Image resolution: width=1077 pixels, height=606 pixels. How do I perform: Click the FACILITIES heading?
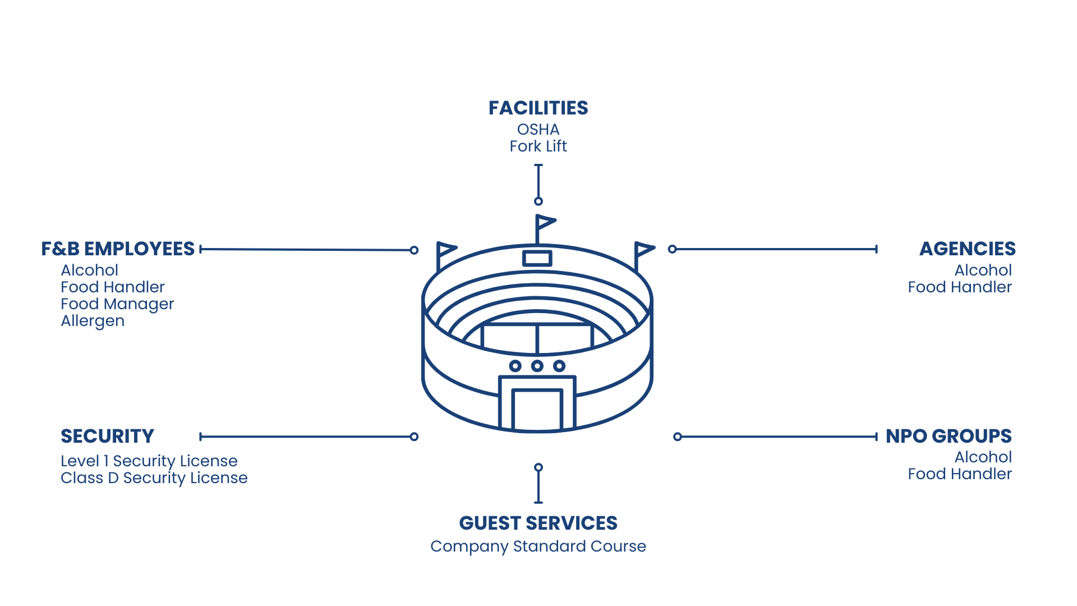point(538,108)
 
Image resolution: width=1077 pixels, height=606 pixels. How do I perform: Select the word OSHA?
point(538,130)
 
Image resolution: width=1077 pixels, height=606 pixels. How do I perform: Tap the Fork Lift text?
point(538,146)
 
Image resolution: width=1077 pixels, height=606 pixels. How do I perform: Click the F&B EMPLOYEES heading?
point(118,249)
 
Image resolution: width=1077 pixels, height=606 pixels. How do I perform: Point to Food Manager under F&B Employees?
point(117,304)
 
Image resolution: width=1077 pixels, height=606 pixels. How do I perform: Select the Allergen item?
point(93,321)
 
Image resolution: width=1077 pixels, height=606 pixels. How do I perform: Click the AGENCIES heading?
point(967,249)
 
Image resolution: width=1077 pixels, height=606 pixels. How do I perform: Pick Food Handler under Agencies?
point(959,287)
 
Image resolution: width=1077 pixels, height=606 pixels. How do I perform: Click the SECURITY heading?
point(107,436)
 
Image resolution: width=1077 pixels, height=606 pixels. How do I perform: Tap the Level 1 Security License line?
point(149,461)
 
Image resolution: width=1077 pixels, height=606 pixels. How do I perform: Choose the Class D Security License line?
point(154,478)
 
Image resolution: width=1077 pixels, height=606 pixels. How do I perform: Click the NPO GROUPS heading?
point(948,436)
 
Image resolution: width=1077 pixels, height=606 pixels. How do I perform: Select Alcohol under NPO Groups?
point(983,457)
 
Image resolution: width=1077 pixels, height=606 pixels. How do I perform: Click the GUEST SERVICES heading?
point(538,523)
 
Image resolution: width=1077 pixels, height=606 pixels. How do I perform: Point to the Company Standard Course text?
point(538,547)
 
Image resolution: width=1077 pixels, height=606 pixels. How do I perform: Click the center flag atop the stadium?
point(545,222)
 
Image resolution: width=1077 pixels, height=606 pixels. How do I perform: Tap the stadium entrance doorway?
point(537,410)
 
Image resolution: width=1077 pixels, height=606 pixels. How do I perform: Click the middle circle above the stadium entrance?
point(537,366)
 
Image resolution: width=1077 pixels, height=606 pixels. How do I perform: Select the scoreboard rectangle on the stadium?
point(537,259)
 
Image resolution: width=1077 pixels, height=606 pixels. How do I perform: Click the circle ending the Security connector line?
point(414,437)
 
